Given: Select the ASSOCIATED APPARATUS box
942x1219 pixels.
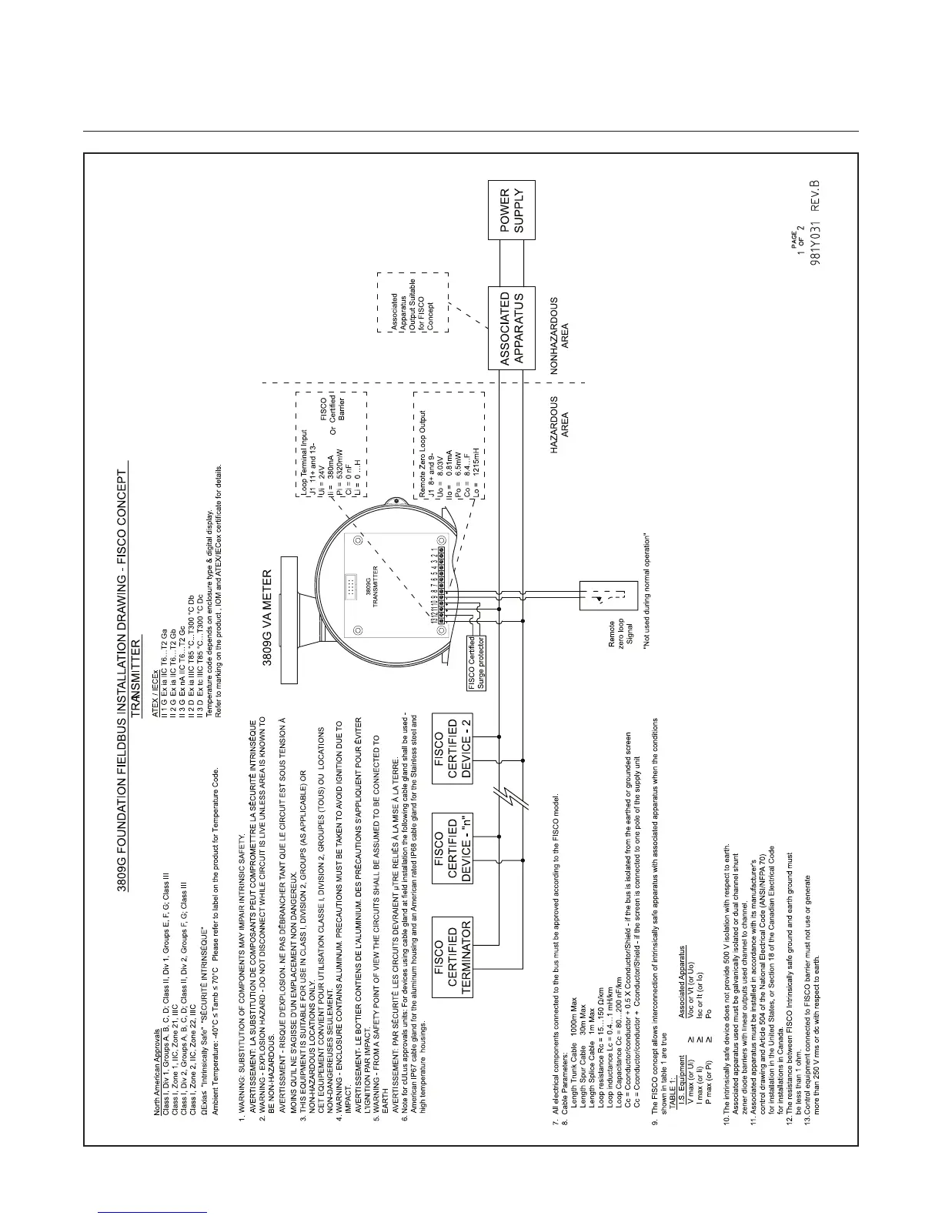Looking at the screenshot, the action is click(x=512, y=327).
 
